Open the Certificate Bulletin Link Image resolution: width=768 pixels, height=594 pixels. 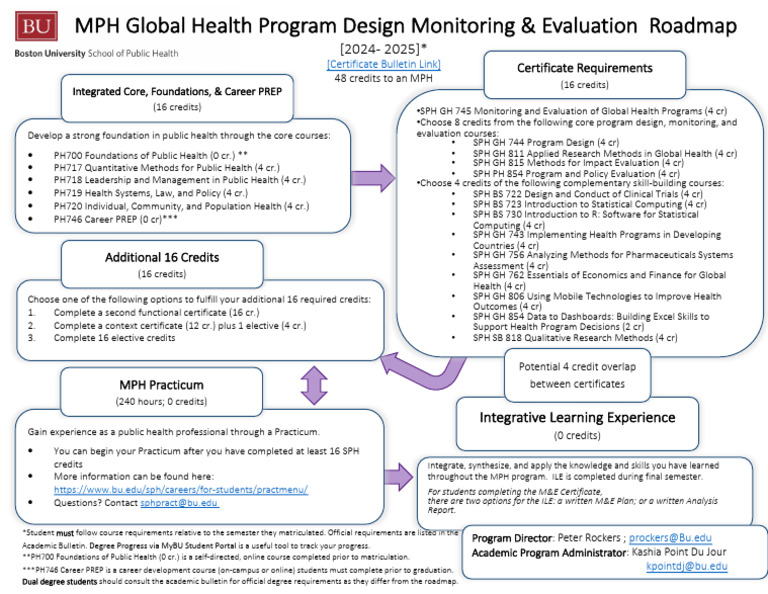(x=383, y=64)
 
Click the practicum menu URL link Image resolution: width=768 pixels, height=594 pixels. (x=180, y=489)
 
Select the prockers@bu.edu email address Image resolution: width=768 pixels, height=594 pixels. (x=671, y=537)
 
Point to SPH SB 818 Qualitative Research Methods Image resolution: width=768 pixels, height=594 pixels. (x=575, y=337)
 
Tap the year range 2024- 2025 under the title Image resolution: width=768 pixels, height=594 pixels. (x=382, y=49)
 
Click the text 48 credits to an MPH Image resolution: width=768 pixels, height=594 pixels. (x=382, y=77)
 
